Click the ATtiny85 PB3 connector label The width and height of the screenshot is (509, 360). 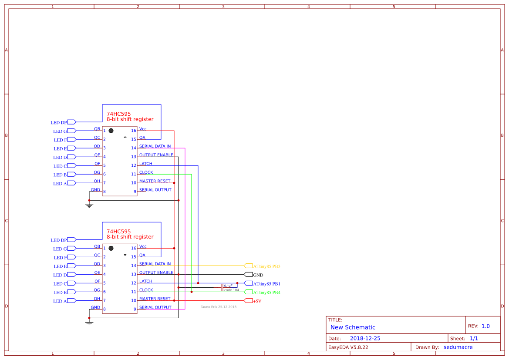pyautogui.click(x=266, y=266)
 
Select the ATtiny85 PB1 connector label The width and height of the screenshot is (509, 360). pyautogui.click(x=266, y=283)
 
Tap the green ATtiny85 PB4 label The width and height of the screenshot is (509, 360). pyautogui.click(x=266, y=292)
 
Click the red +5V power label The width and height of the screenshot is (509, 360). pyautogui.click(x=257, y=301)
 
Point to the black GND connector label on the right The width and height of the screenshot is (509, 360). pyautogui.click(x=258, y=275)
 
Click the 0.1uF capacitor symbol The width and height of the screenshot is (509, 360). pyautogui.click(x=222, y=287)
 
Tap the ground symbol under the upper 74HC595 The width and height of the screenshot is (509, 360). pyautogui.click(x=89, y=205)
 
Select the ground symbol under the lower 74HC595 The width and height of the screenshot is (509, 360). pyautogui.click(x=89, y=323)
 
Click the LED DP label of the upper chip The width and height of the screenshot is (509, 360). pyautogui.click(x=58, y=123)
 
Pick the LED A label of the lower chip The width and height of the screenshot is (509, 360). pyautogui.click(x=60, y=301)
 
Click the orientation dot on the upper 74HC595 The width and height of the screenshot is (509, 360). pyautogui.click(x=111, y=131)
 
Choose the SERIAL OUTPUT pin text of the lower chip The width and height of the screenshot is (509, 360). pyautogui.click(x=155, y=307)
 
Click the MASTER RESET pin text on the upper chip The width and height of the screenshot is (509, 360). pyautogui.click(x=155, y=181)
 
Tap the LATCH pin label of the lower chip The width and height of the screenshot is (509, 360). pyautogui.click(x=145, y=281)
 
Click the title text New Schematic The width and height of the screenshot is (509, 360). pyautogui.click(x=353, y=327)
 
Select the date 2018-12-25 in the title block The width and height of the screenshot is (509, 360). pyautogui.click(x=365, y=338)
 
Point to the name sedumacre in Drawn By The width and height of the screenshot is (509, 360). pyautogui.click(x=458, y=347)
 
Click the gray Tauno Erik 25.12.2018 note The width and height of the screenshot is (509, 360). pyautogui.click(x=219, y=307)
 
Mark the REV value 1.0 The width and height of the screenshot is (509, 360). pyautogui.click(x=485, y=326)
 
